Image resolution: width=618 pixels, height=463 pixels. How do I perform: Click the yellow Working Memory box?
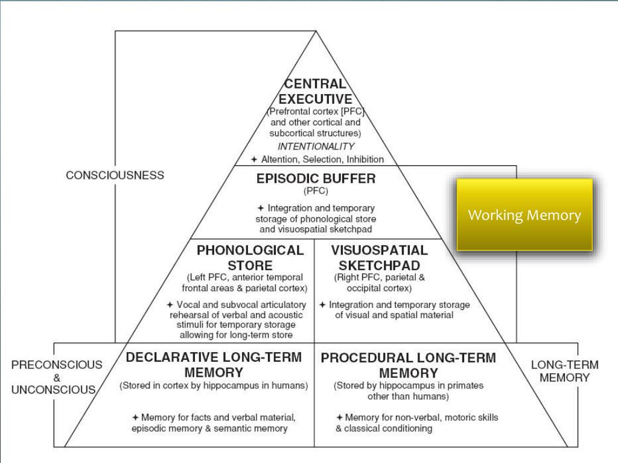pos(524,215)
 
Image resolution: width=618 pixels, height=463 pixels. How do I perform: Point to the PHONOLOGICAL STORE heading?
pos(250,257)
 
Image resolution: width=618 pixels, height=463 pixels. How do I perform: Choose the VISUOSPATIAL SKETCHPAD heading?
pos(379,257)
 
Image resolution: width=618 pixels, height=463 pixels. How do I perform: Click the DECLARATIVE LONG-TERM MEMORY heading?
pos(214,364)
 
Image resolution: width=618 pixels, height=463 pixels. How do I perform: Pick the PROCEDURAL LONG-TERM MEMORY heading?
pos(408,365)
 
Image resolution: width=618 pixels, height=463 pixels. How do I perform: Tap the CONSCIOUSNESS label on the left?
pos(115,175)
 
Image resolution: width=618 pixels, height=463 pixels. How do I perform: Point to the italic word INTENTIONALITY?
pos(316,146)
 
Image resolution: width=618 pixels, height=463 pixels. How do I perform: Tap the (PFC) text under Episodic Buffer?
pos(316,191)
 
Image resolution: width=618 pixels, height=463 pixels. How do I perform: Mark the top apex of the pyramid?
pos(316,31)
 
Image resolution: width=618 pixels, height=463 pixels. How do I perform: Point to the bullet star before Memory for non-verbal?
pos(340,417)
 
